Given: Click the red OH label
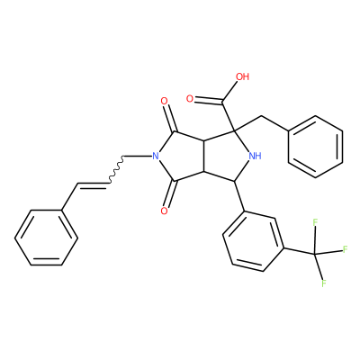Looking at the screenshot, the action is coord(243,76).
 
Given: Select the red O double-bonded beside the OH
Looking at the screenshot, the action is coord(190,99).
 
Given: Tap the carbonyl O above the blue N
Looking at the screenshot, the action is coord(164,101).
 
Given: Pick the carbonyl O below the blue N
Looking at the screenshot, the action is coord(164,211).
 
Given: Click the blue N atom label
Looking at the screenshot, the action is coord(155,156).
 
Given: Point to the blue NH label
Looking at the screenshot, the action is coord(255,156).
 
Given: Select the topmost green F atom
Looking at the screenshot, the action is coord(315,222).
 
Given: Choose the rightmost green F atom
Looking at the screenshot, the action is coord(345,248).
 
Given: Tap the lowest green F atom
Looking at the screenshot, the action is coord(324,283).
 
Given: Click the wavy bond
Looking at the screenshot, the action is coord(115,169).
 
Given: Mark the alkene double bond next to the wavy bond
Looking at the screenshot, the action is coord(93,185).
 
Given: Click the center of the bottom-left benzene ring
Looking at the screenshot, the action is coord(47,238).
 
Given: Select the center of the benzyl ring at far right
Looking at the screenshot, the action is coord(315,147).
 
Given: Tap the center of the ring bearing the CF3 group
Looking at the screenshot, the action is coord(254,241).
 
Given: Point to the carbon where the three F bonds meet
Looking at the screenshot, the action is coord(315,255).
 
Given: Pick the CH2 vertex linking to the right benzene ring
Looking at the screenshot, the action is coord(262,115).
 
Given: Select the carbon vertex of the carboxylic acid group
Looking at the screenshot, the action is coord(222,103).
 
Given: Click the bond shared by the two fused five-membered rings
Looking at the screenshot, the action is coord(204,156).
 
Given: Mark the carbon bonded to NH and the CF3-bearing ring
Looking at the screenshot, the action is coord(235,181).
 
